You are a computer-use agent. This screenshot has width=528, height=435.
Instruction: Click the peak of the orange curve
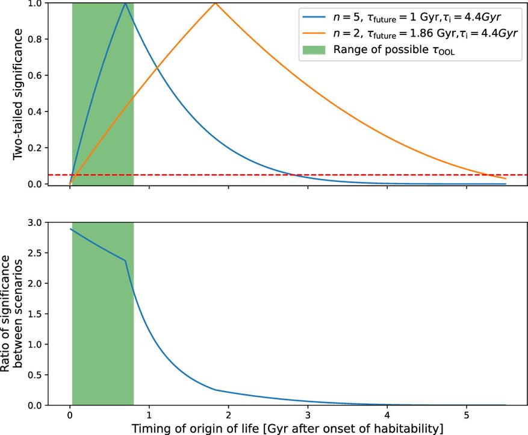coord(215,3)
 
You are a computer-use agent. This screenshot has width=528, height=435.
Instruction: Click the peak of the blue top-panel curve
coord(125,3)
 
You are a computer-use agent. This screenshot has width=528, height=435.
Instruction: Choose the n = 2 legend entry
coord(403,33)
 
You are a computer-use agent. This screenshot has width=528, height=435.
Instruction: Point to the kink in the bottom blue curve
coord(126,261)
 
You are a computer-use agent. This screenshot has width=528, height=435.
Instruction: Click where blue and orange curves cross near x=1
coord(158,67)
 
